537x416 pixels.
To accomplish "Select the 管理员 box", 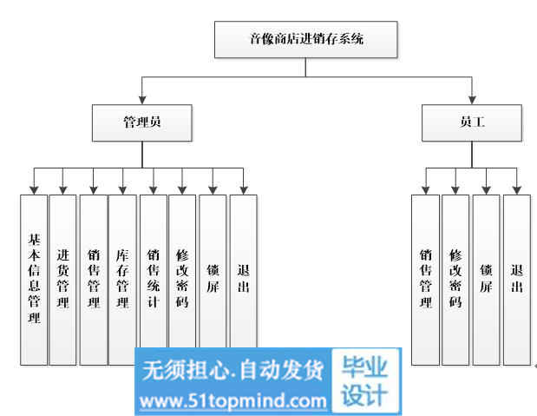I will pos(141,122).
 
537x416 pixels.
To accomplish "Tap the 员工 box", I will pos(472,122).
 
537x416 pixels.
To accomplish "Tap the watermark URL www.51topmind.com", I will pos(232,401).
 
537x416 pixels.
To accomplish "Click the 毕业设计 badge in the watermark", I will pos(364,381).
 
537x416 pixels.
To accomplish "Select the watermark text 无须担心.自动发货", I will pos(232,370).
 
